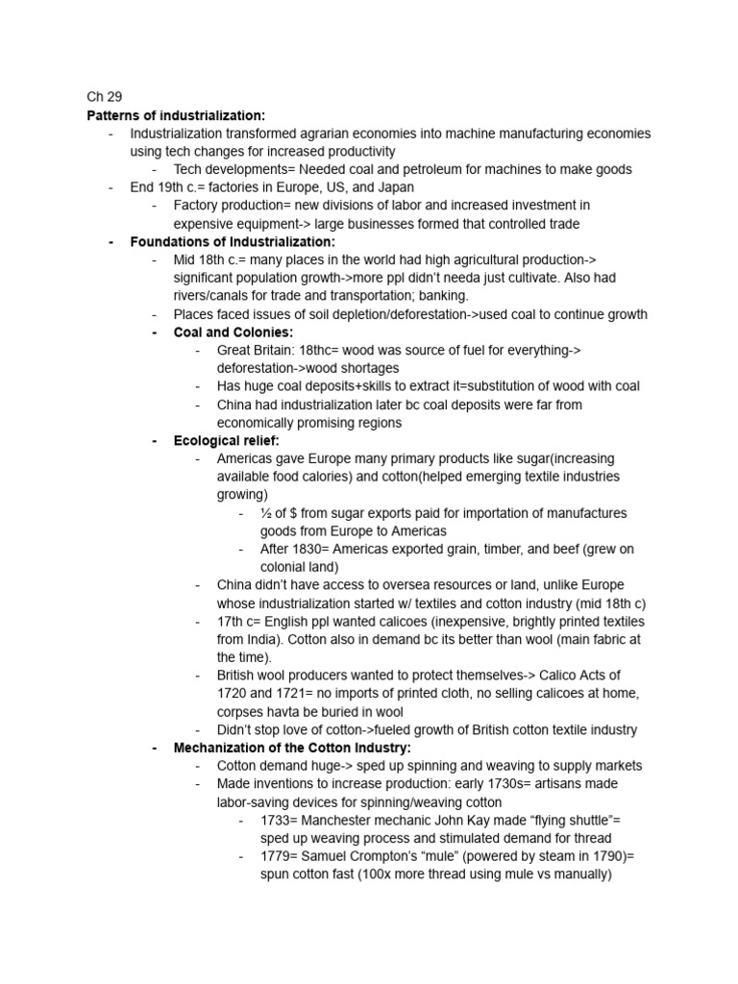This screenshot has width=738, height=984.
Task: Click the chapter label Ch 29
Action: (x=105, y=97)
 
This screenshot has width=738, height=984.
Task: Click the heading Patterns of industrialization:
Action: (x=176, y=115)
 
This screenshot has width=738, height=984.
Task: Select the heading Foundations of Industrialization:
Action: (x=233, y=241)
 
